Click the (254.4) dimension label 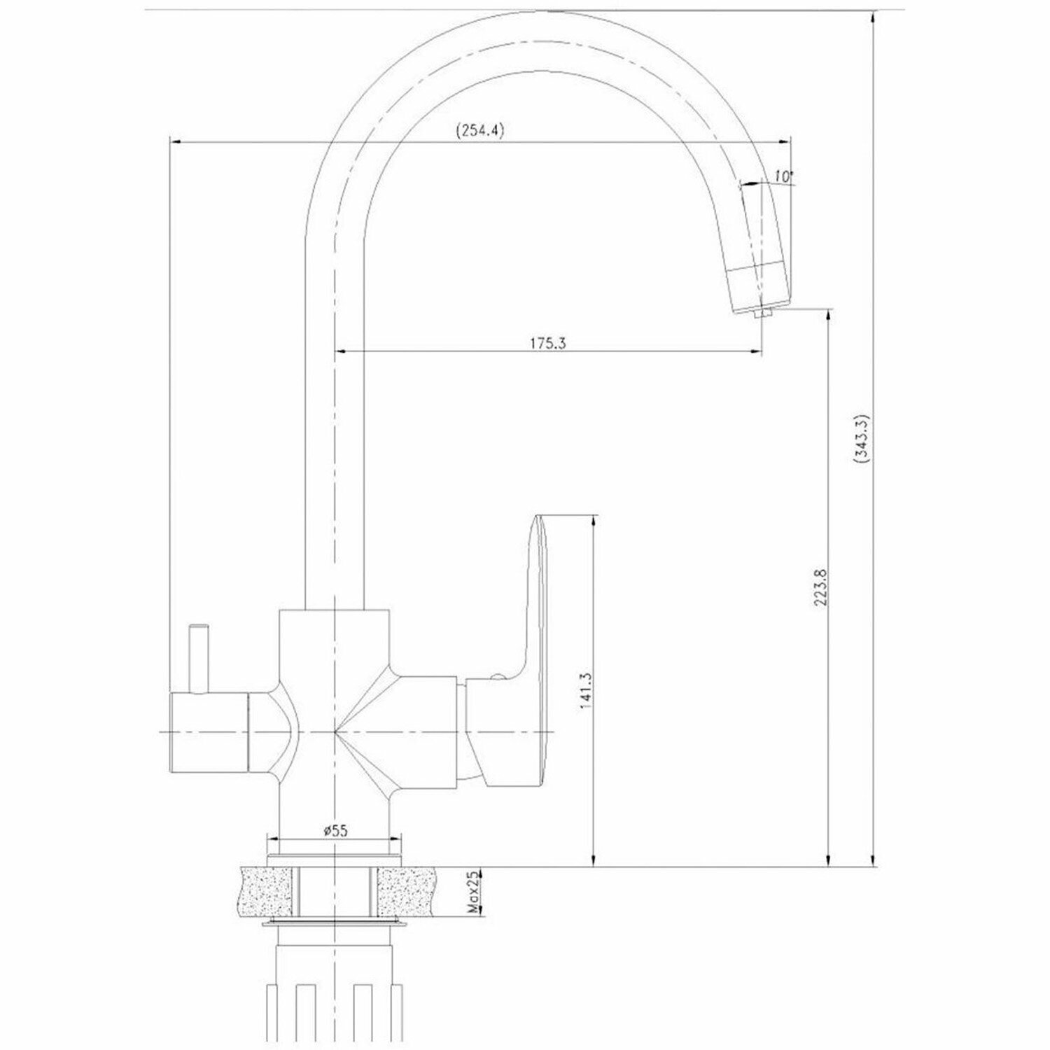tap(480, 131)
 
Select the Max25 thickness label tap(473, 892)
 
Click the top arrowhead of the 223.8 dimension tap(829, 316)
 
